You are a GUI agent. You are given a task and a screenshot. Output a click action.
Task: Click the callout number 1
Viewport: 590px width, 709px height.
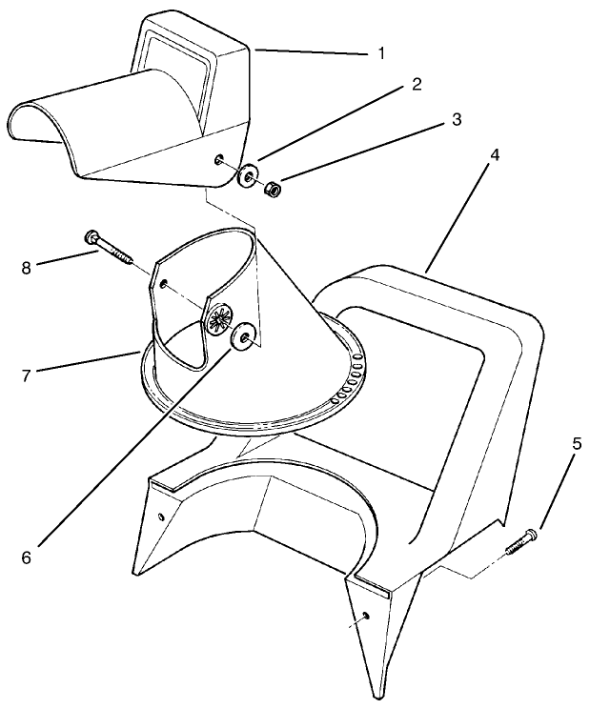point(381,53)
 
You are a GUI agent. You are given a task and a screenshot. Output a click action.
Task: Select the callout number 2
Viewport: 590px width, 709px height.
point(416,84)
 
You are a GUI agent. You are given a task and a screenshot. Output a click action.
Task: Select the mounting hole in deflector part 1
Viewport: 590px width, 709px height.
point(220,160)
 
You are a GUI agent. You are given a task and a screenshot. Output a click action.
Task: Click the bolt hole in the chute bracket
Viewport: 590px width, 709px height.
point(165,284)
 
